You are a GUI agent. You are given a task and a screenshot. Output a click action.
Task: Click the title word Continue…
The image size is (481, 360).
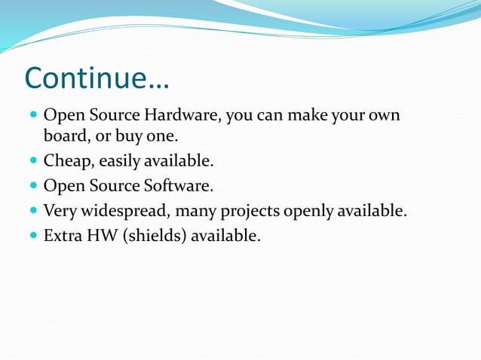(x=97, y=78)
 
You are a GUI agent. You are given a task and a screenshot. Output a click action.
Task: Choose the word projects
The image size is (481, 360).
(x=250, y=212)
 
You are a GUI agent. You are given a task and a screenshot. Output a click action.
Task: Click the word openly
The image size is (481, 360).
(x=308, y=212)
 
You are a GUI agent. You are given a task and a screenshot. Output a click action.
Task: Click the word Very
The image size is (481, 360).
(x=60, y=211)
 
